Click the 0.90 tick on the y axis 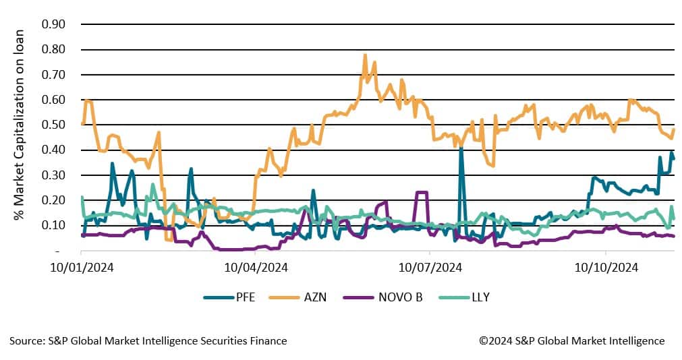click(x=54, y=24)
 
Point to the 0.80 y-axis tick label click(x=54, y=49)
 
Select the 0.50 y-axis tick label click(x=54, y=125)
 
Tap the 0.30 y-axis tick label click(x=54, y=175)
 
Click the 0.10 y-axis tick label click(x=54, y=225)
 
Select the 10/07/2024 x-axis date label click(x=429, y=267)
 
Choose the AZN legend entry click(x=313, y=297)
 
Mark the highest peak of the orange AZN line click(x=365, y=55)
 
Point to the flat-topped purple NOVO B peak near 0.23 click(x=422, y=193)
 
